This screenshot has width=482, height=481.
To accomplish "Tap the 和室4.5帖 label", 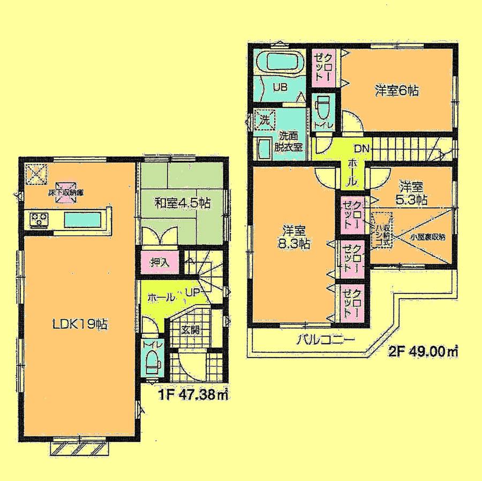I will [182, 203].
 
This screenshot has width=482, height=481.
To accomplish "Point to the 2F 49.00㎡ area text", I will [423, 352].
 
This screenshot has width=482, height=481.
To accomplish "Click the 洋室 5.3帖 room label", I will [412, 193].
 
